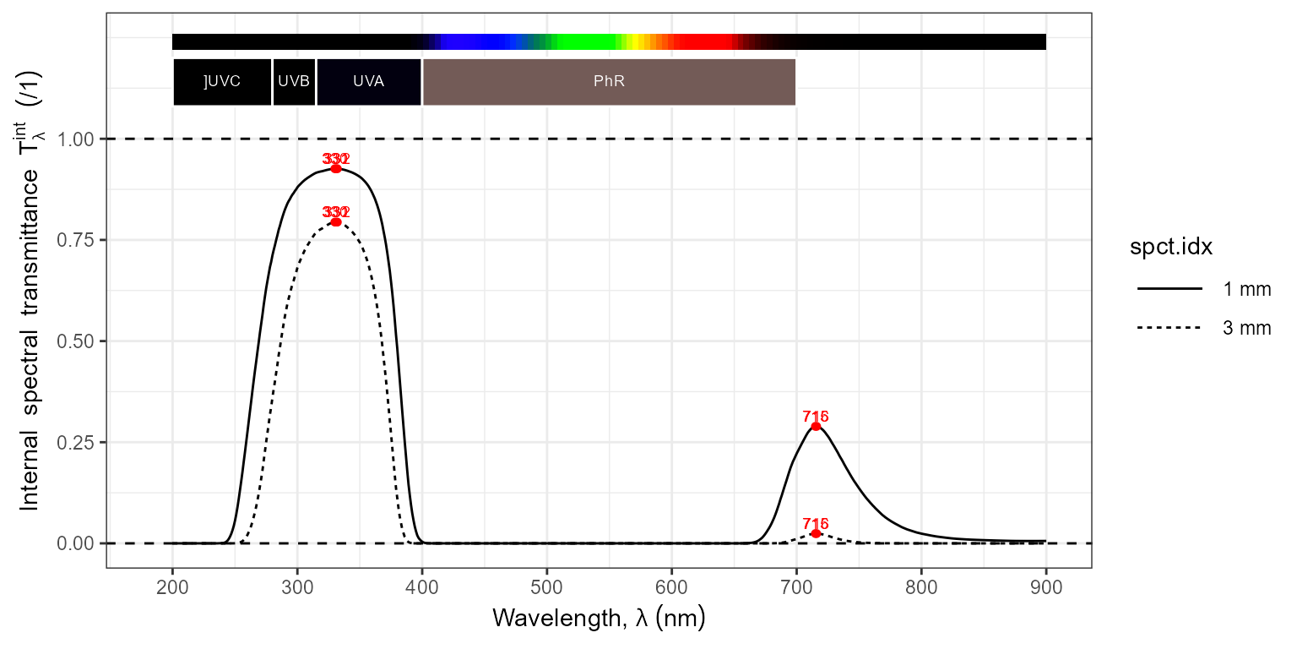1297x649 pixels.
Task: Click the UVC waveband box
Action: coord(222,82)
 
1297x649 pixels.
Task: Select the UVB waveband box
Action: coord(294,82)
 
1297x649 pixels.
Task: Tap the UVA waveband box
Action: coord(368,82)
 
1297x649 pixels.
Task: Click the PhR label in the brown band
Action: coord(609,82)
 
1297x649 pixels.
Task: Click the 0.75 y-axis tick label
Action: coord(76,240)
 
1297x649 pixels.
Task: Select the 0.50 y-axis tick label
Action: coord(76,341)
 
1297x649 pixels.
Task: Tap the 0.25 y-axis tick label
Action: coord(76,442)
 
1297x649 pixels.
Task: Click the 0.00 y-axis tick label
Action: coord(76,543)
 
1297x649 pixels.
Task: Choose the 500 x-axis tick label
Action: coord(547,586)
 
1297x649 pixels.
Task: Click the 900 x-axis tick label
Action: coord(1046,586)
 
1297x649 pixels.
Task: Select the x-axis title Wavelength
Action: coord(598,619)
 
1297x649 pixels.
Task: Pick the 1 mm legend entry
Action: coord(1203,290)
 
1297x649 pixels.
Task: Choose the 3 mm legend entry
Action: coord(1203,328)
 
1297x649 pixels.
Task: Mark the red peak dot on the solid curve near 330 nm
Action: coord(336,169)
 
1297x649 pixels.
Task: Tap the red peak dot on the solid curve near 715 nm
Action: coord(816,426)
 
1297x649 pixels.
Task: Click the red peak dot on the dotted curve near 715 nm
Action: coord(816,533)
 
